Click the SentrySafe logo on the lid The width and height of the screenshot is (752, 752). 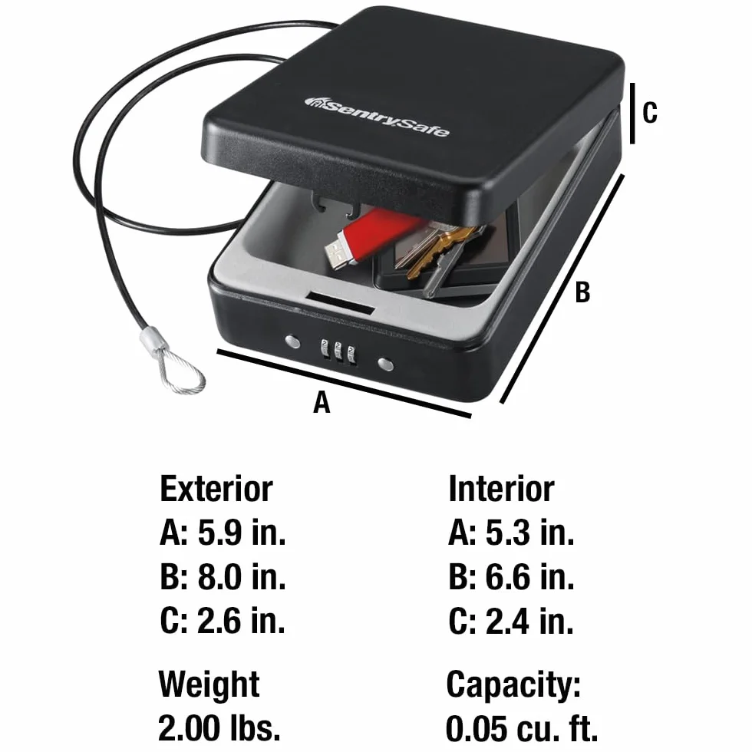[x=378, y=117]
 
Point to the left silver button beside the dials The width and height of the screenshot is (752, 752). [x=292, y=342]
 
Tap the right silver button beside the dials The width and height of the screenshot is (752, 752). [x=385, y=364]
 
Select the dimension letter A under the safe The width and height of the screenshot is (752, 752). [x=322, y=402]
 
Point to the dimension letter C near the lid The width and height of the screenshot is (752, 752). [x=649, y=113]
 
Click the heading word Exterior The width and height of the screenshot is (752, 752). [x=216, y=489]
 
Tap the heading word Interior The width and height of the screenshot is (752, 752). [x=501, y=489]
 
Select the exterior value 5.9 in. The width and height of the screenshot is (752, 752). [x=242, y=533]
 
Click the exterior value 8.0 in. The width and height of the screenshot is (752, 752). [x=242, y=576]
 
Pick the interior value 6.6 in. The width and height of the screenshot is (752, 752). [x=530, y=576]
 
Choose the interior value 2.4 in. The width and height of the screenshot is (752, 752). [x=530, y=621]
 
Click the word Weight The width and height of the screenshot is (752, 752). [x=209, y=684]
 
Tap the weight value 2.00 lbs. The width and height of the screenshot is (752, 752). [x=219, y=727]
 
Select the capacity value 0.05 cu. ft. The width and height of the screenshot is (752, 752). [x=522, y=728]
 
